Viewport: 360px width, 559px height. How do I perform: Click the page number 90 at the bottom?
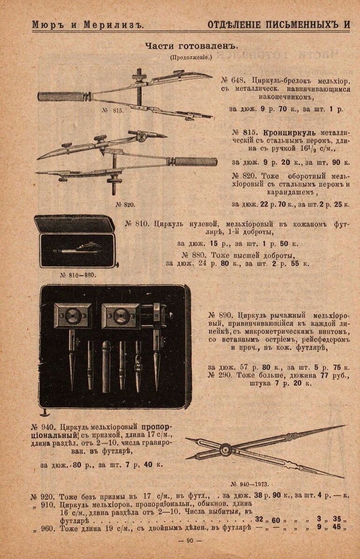pyautogui.click(x=190, y=541)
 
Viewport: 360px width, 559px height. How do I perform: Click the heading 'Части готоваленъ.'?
pyautogui.click(x=191, y=46)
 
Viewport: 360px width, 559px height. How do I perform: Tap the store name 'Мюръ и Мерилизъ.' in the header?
pyautogui.click(x=88, y=25)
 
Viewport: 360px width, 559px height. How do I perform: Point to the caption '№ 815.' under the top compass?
pyautogui.click(x=113, y=110)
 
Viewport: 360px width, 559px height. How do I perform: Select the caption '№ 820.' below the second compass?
pyautogui.click(x=125, y=204)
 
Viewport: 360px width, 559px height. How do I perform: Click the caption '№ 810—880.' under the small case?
pyautogui.click(x=78, y=275)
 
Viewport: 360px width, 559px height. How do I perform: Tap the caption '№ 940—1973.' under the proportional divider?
pyautogui.click(x=250, y=484)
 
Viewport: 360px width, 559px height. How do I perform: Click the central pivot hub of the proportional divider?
pyautogui.click(x=225, y=450)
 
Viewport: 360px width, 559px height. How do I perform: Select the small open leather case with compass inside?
pyautogui.click(x=77, y=242)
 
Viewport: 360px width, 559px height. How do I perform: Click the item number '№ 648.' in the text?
pyautogui.click(x=233, y=80)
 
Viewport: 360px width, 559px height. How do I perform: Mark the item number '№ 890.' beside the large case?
pyautogui.click(x=221, y=315)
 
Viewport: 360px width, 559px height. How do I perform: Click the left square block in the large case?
pyautogui.click(x=73, y=315)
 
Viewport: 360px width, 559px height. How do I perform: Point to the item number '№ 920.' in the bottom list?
pyautogui.click(x=43, y=497)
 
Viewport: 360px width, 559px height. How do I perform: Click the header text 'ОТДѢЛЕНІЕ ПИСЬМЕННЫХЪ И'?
pyautogui.click(x=279, y=25)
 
